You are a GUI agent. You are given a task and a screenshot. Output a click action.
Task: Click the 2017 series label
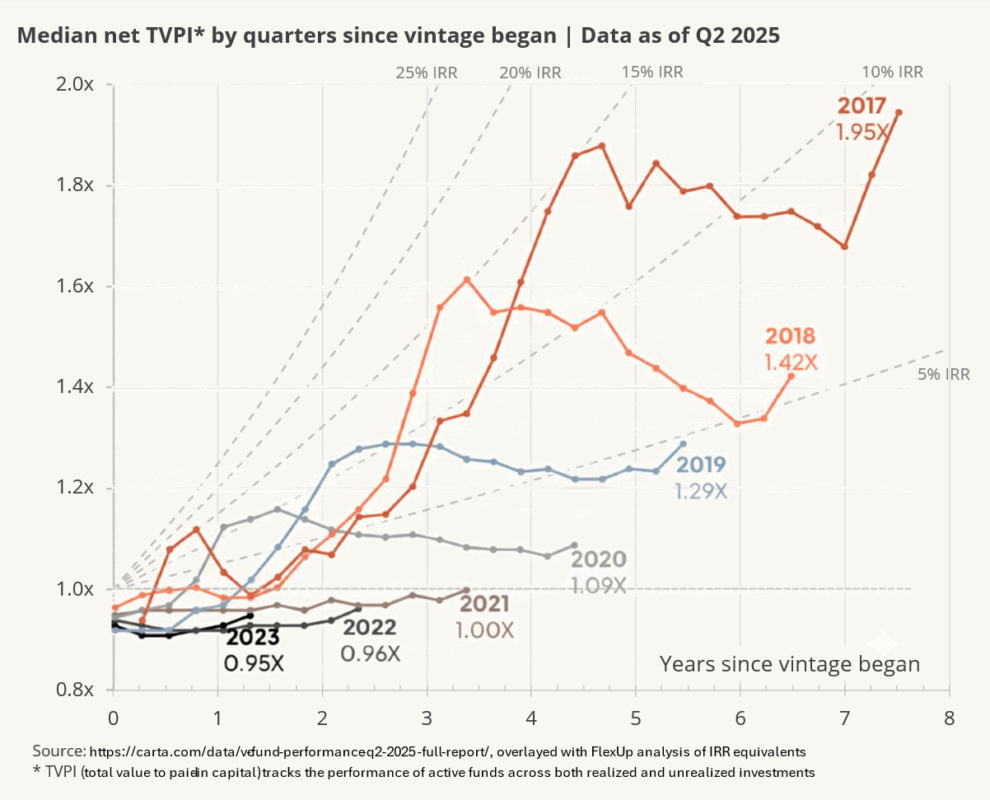862,106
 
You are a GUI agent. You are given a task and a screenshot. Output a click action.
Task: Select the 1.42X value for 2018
791,362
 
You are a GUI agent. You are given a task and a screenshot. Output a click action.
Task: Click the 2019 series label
701,465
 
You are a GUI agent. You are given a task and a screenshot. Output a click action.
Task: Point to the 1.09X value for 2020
599,585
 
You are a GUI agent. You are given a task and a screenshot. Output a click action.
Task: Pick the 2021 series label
486,604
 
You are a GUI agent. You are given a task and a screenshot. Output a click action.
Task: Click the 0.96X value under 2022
370,653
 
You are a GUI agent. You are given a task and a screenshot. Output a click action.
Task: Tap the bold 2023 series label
253,638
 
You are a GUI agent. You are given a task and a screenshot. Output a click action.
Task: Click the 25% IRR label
426,73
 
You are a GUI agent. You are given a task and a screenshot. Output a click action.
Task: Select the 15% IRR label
652,72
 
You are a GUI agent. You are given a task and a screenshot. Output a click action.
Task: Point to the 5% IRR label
943,375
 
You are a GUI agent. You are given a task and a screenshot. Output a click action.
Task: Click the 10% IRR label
892,72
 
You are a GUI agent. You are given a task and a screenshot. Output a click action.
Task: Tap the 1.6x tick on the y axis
81,287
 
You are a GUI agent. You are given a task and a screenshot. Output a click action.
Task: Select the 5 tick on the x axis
635,717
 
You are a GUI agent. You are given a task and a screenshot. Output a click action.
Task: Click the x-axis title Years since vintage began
789,664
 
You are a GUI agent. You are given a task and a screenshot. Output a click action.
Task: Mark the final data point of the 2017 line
899,113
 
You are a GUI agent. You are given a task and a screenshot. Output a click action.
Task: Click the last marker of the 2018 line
792,377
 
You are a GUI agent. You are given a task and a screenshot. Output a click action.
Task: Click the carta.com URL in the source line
290,751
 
